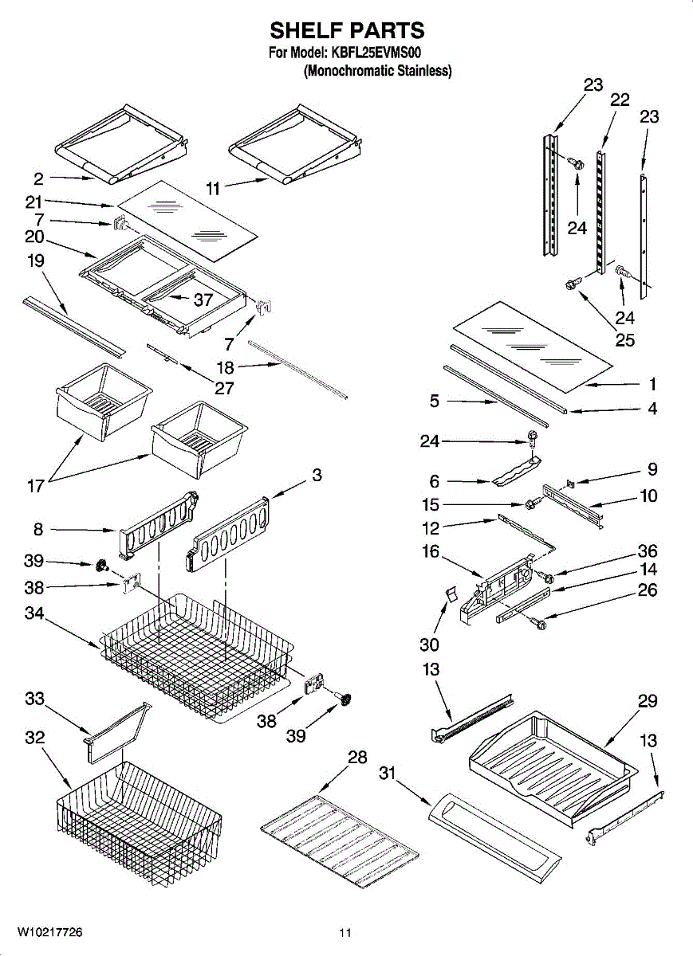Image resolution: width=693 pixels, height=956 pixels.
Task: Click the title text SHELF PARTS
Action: click(x=347, y=30)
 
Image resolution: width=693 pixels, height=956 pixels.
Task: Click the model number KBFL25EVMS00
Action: click(x=376, y=53)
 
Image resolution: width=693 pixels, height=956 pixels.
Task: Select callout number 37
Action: click(x=203, y=300)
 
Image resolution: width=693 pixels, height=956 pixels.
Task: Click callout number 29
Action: click(x=648, y=701)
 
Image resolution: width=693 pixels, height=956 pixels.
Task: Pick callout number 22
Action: click(x=620, y=100)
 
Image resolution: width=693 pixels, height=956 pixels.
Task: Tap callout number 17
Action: click(x=36, y=486)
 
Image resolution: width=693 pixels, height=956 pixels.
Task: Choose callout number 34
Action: click(x=34, y=613)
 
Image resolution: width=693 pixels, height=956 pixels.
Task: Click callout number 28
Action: click(x=357, y=757)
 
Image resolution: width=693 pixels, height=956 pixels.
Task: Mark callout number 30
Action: click(x=429, y=645)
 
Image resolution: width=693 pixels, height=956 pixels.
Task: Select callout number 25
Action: click(x=624, y=339)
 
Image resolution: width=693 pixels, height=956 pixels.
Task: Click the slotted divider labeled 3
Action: click(x=228, y=534)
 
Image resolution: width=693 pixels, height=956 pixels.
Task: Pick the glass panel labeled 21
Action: click(x=187, y=220)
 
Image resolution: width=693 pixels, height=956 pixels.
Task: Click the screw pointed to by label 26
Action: click(x=539, y=624)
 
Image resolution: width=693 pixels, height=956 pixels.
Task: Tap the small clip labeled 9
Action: click(x=571, y=483)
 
